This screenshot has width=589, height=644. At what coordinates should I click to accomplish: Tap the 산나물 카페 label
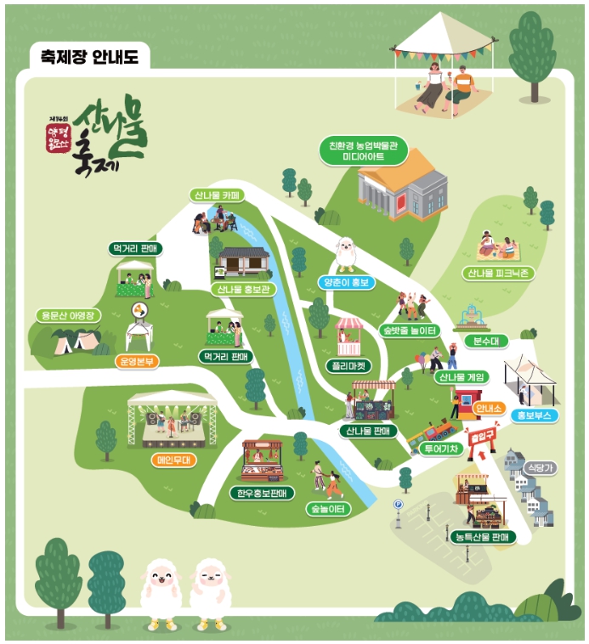point(216,195)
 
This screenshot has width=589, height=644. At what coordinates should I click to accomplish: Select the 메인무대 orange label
point(176,460)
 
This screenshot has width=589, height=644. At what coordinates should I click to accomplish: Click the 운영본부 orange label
point(137,360)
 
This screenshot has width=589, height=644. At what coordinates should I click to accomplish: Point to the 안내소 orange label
point(490,409)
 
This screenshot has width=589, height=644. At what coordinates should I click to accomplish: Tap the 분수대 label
point(484,342)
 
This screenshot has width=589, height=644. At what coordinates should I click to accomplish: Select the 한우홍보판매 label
point(262,493)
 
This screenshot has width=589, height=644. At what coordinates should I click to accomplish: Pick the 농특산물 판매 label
point(480,537)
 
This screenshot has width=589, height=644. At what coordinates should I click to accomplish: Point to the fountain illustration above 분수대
point(472,318)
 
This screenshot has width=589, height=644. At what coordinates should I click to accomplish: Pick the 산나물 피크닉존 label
point(499,274)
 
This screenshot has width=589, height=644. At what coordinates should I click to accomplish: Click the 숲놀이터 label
point(326,509)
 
